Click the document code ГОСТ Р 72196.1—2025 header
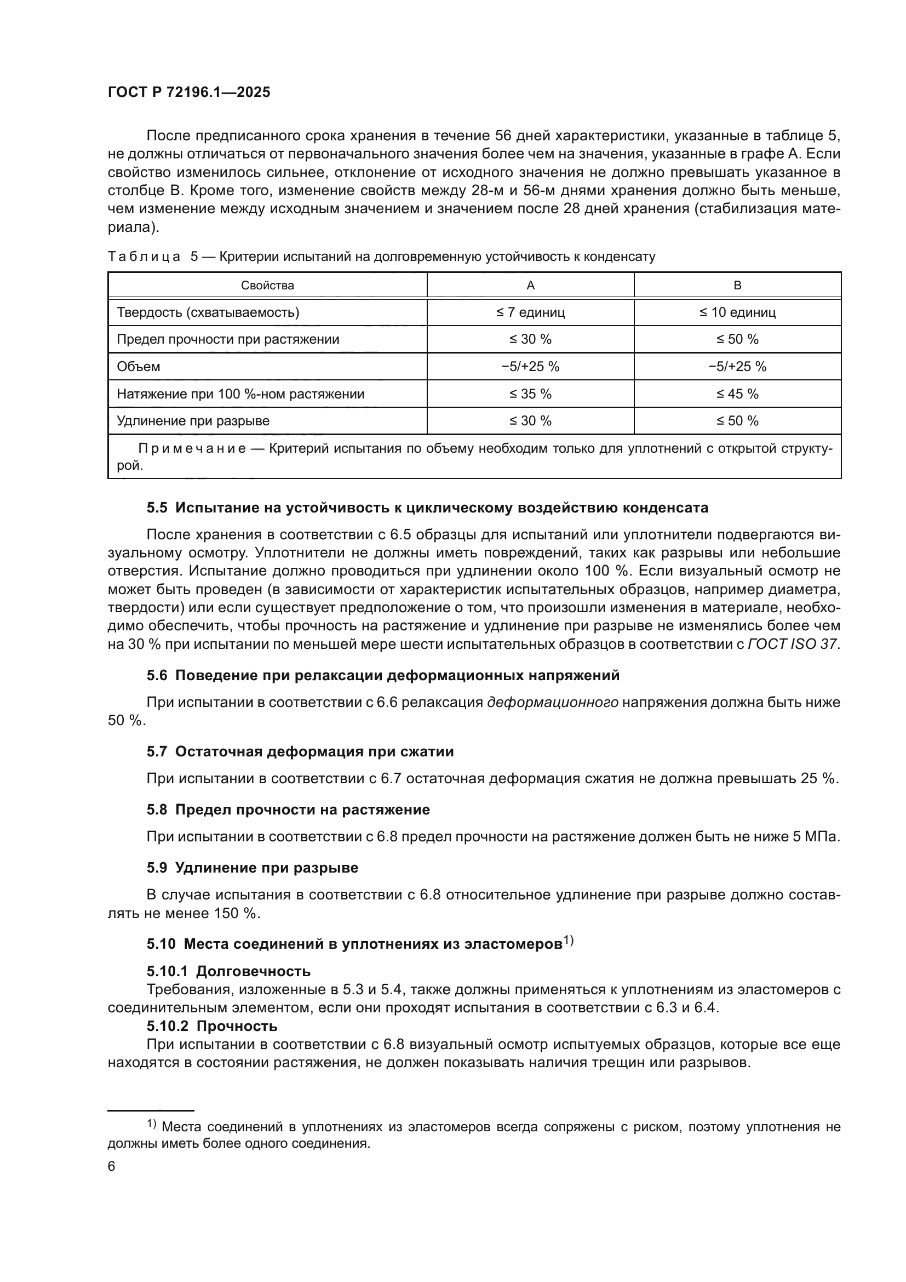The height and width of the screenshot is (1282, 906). pos(188,93)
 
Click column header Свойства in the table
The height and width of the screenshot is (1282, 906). pos(267,286)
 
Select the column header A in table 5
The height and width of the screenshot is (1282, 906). pos(531,286)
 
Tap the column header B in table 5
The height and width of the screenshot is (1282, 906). pos(737,286)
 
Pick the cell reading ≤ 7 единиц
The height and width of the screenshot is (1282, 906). pos(531,312)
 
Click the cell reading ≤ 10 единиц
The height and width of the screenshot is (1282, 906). pos(737,312)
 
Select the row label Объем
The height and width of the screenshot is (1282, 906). pos(139,366)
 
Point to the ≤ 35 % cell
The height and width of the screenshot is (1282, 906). pos(531,394)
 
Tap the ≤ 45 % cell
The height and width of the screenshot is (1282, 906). pos(737,394)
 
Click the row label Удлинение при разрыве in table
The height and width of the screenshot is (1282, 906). pos(193,420)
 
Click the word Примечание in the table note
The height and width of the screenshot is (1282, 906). pos(192,449)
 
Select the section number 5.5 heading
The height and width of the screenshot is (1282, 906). pos(157,508)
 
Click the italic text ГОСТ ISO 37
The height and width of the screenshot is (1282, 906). pos(792,644)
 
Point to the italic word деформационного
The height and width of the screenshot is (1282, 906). pos(552,703)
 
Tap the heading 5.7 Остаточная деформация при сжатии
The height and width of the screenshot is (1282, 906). pos(300,751)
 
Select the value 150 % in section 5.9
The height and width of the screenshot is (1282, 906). pos(237,914)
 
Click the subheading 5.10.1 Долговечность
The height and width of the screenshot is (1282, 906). pos(229,971)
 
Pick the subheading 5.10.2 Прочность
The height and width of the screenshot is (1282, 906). pos(212,1025)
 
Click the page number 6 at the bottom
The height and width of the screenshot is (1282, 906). pos(112,1166)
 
